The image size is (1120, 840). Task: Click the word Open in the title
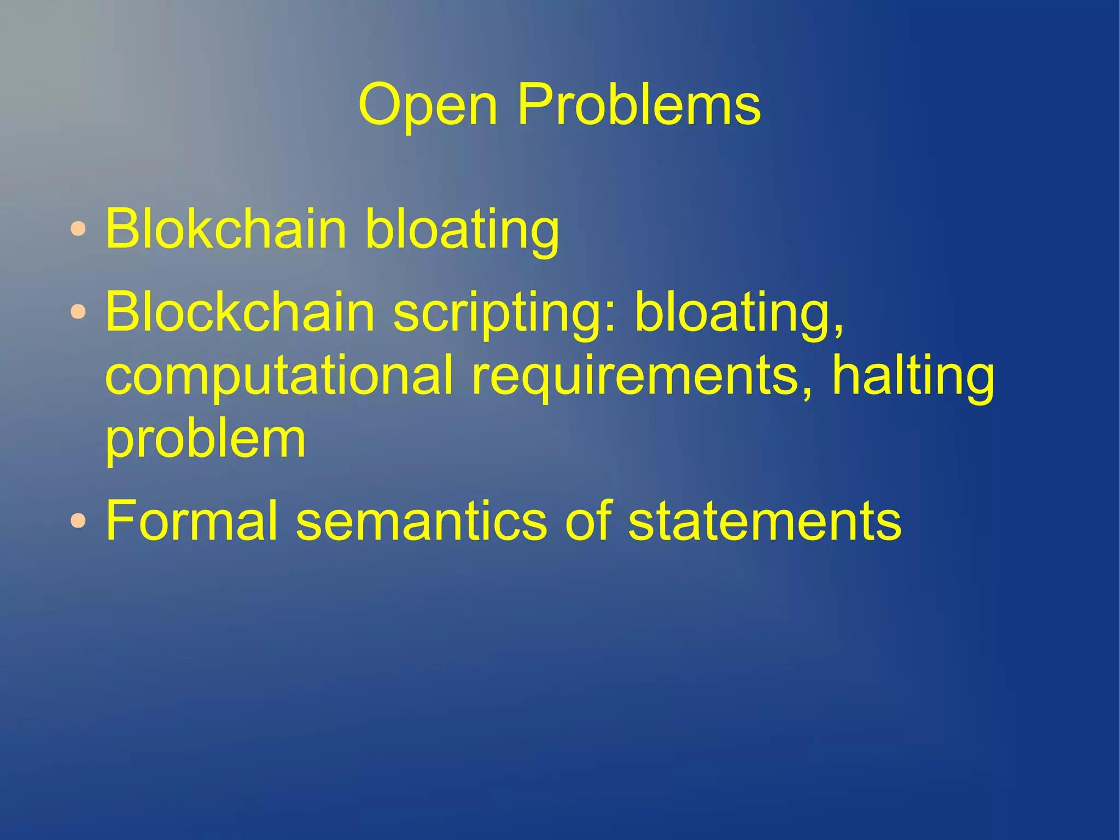pyautogui.click(x=428, y=105)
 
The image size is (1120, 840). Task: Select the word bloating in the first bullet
pyautogui.click(x=462, y=230)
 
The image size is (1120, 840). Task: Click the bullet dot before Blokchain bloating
pyautogui.click(x=78, y=229)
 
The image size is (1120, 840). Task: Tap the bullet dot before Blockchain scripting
pyautogui.click(x=78, y=312)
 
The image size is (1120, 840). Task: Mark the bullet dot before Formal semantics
pyautogui.click(x=78, y=520)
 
